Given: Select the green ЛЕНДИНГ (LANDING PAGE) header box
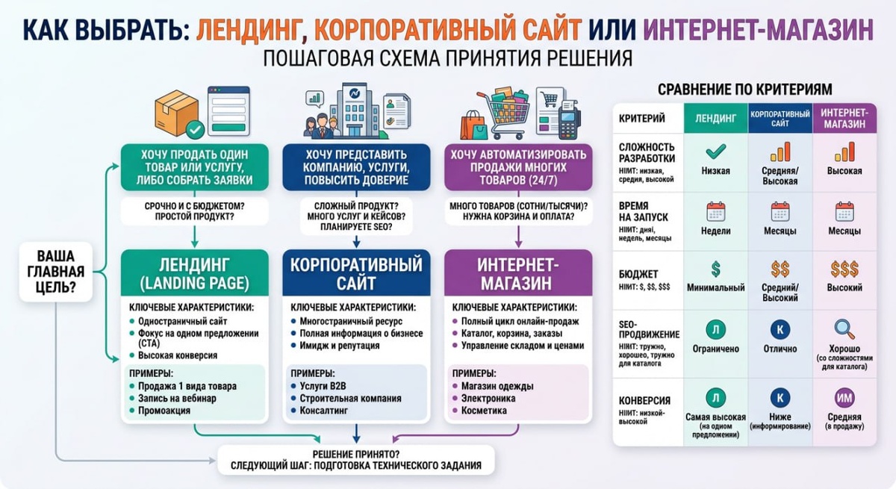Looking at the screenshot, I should pos(194,273).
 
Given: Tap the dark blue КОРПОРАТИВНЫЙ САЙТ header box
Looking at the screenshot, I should pos(356,274).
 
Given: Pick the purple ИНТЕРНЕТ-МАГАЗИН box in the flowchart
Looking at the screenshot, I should pos(517,274).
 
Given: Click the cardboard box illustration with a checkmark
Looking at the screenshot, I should pos(176,113).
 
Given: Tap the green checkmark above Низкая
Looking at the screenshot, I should pos(716,152).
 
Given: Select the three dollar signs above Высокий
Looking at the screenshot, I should pos(844,269).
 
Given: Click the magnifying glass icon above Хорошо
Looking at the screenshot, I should pos(844,329).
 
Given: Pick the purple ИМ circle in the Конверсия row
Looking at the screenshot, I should pos(844,397).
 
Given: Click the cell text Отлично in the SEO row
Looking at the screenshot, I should pos(780,349).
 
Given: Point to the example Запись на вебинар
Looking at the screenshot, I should pos(177,398).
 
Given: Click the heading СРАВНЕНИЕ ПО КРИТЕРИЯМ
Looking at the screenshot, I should pos(744,89).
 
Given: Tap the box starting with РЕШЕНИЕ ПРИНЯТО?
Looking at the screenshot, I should pos(356,460).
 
